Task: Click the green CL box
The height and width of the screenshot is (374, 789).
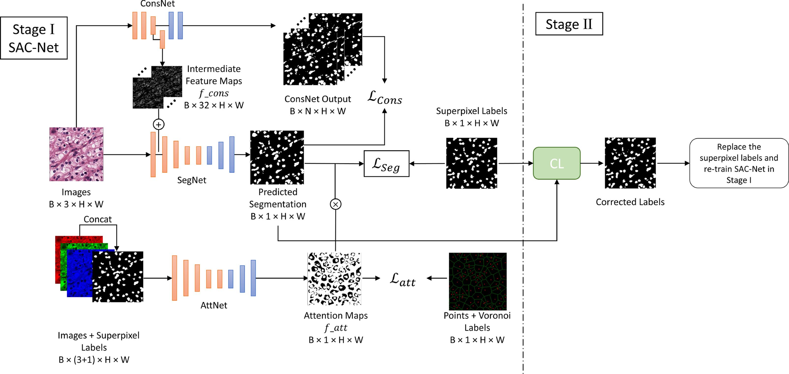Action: pos(557,163)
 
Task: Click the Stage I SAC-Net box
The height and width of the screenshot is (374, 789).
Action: pos(34,38)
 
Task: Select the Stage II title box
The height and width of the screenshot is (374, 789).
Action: pos(569,24)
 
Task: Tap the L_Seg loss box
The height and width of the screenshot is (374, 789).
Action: pos(386,164)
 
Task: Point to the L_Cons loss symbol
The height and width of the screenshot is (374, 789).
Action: pos(385,97)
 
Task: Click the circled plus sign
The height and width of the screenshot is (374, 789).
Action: pos(159,124)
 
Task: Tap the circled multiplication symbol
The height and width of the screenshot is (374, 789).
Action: pos(336,204)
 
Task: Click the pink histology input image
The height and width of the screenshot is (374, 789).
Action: pos(76,154)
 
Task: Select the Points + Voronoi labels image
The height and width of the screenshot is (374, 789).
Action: pos(477,281)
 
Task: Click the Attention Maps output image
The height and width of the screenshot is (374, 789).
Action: pos(334,279)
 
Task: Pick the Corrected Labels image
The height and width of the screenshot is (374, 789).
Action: pos(630,163)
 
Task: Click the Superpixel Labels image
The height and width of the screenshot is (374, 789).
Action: pos(471,163)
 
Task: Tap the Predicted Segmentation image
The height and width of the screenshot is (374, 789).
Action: pos(277,157)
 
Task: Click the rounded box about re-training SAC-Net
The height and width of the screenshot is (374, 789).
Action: pos(739,163)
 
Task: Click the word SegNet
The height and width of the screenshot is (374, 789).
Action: pos(192,180)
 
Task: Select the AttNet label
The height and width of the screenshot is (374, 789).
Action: pos(214,305)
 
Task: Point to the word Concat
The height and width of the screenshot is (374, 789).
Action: pos(97,219)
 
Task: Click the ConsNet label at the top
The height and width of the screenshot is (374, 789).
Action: pos(157,4)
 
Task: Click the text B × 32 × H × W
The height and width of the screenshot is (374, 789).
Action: pos(214,105)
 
